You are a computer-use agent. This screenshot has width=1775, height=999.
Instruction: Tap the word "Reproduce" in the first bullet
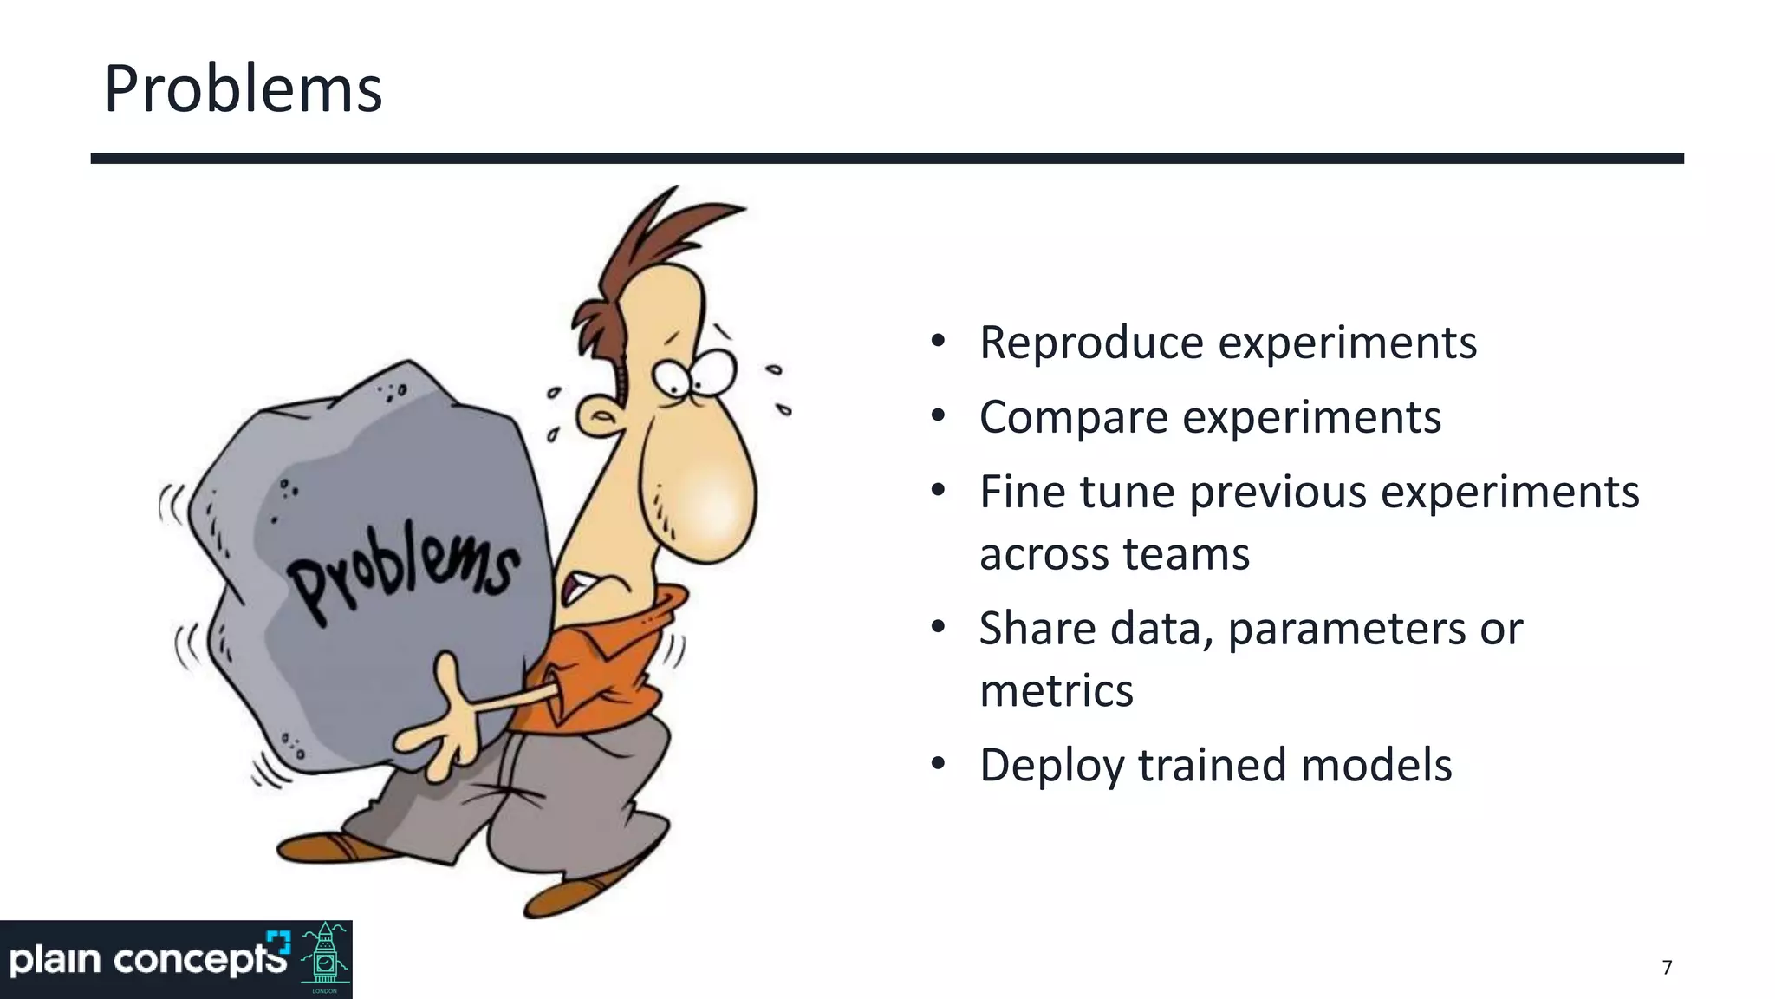pyautogui.click(x=1091, y=343)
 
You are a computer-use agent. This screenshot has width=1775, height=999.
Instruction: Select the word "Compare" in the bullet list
pyautogui.click(x=1073, y=417)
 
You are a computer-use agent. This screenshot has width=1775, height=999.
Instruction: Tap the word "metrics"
pyautogui.click(x=1056, y=691)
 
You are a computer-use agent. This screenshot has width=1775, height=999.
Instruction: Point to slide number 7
pyautogui.click(x=1667, y=968)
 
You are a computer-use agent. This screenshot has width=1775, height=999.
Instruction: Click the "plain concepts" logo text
pyautogui.click(x=147, y=960)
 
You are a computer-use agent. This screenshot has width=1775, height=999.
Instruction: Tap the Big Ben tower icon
pyautogui.click(x=325, y=957)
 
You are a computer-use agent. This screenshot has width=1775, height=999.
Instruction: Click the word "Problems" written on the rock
pyautogui.click(x=403, y=577)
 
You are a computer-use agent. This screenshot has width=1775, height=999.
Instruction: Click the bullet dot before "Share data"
pyautogui.click(x=938, y=627)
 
